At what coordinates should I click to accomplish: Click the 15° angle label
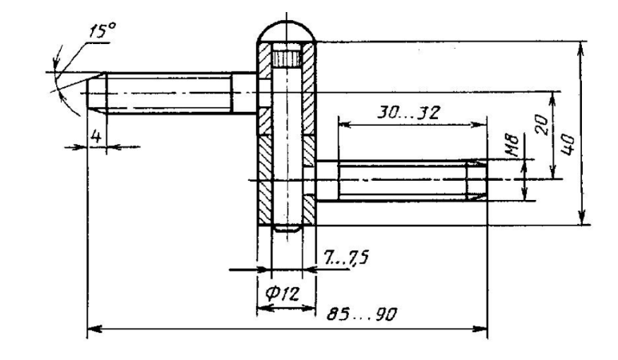(102, 31)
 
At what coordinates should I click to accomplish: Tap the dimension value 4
(96, 137)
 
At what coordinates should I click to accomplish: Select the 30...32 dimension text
(408, 113)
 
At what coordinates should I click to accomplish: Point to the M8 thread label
(513, 146)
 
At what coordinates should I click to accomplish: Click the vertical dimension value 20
(543, 125)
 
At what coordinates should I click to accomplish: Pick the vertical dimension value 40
(567, 145)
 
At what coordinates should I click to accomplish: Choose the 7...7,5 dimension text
(347, 258)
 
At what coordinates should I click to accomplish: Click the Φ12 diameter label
(283, 294)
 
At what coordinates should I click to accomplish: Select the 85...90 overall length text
(362, 314)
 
